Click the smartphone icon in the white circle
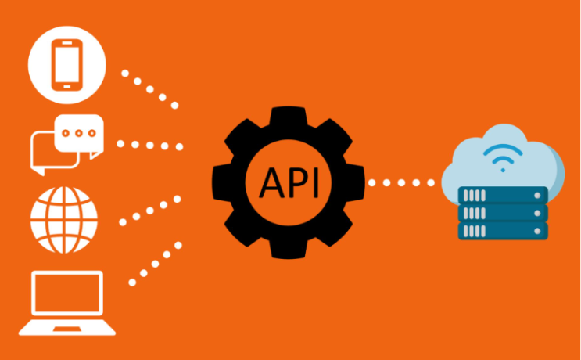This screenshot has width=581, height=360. pos(66,65)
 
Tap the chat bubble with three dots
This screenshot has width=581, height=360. pos(79,135)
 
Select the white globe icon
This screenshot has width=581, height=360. pos(64,220)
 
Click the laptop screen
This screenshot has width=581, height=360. pos(67,293)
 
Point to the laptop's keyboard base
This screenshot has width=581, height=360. pos(67,327)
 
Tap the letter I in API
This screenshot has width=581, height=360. pos(316,183)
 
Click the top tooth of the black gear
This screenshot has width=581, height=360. pos(289,116)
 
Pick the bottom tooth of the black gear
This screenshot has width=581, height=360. pos(289,250)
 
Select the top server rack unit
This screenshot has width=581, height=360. pos(503,196)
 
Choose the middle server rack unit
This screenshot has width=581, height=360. pos(503,213)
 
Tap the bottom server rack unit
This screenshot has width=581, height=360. pos(503,231)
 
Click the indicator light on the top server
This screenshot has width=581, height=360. pos(537,196)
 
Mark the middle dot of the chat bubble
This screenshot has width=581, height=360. pos(78,133)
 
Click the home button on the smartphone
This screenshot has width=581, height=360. pos(67,87)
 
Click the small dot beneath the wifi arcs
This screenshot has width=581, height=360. pos(503,170)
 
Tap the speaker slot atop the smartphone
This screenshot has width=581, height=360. pos(67,43)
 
